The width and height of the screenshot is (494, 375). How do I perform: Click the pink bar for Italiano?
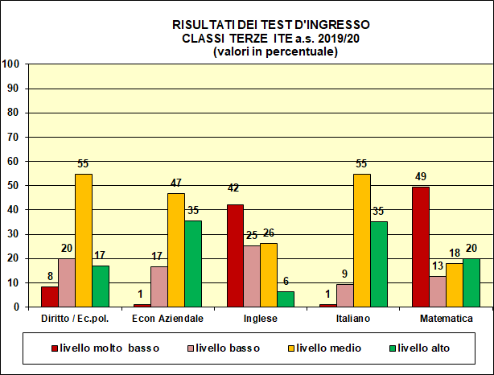pos(345,295)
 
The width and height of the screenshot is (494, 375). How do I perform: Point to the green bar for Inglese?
pos(286,299)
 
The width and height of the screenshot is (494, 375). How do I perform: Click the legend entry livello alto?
pos(422,348)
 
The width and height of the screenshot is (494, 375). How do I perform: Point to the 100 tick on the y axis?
pos(11,64)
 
